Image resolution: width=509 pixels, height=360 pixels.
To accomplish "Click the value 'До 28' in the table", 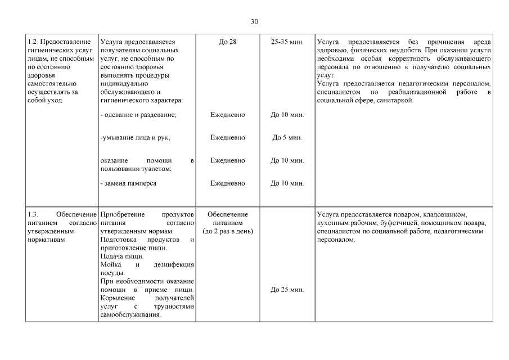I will (x=228, y=42).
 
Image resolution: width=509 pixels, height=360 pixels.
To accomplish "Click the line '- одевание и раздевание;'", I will (x=138, y=115).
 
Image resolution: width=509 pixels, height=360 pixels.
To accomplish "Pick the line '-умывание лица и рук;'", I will (x=135, y=137).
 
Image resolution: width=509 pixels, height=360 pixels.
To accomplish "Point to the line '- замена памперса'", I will (x=128, y=183).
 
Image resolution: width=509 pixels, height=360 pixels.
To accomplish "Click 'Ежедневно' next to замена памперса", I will (x=228, y=183).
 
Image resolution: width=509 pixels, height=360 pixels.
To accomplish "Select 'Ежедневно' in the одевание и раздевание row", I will (x=228, y=115).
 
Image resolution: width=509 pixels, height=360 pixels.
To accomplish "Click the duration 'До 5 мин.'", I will (x=287, y=137).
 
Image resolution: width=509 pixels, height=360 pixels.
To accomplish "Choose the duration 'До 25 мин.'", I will (x=287, y=290).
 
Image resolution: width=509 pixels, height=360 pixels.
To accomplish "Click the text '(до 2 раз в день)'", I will (x=228, y=231).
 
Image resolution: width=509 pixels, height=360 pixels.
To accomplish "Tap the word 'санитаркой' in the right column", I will (x=395, y=100).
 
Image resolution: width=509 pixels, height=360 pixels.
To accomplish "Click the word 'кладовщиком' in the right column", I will (x=444, y=215).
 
